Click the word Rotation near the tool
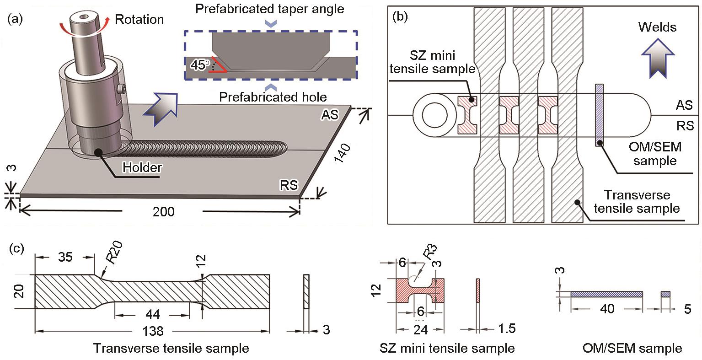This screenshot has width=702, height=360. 139,20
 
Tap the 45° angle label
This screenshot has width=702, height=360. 199,66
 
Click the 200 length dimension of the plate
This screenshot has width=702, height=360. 164,212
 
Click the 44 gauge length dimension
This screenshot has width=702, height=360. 152,314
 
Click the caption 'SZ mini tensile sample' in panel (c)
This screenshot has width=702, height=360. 447,348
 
